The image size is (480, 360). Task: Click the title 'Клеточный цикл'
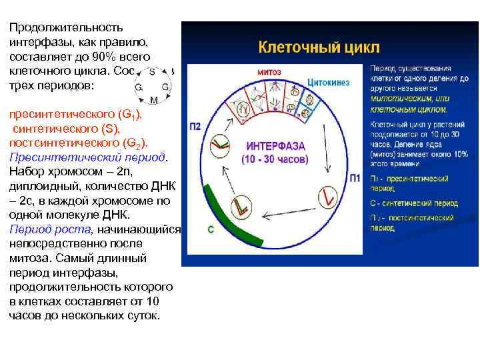319,47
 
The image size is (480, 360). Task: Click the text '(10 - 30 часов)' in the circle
275,160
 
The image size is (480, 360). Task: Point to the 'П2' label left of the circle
195,127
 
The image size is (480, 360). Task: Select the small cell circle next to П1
327,195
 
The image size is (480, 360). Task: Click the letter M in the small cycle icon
154,100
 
